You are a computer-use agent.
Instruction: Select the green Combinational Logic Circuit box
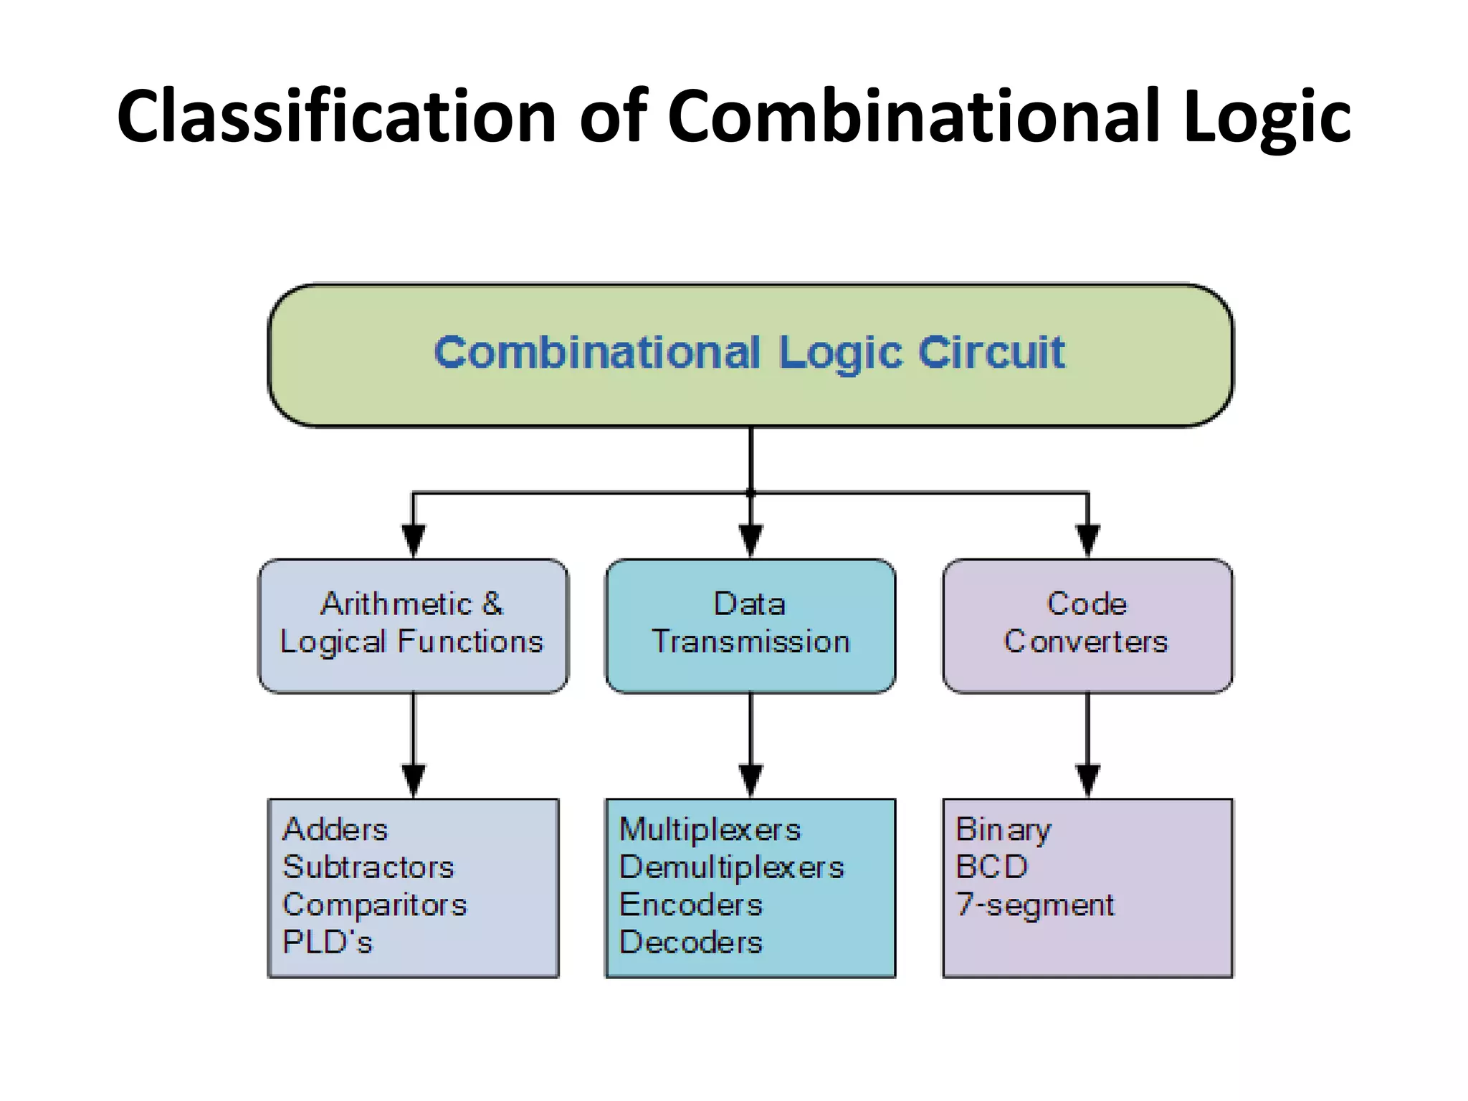tap(750, 355)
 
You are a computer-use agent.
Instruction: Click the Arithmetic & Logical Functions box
tap(413, 625)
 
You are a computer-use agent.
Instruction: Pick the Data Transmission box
tap(750, 625)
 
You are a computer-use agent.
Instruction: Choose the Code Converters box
tap(1087, 625)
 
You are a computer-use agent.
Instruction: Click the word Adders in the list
tap(335, 830)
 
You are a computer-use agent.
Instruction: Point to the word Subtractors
tap(368, 867)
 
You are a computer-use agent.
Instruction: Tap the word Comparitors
tap(374, 905)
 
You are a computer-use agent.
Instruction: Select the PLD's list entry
tap(328, 942)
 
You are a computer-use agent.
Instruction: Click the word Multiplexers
tap(710, 830)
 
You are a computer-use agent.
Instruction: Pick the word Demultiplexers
tap(731, 867)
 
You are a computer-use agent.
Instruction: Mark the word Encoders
tap(690, 905)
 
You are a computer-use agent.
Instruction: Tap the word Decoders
tap(690, 942)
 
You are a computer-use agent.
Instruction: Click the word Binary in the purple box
tap(1003, 830)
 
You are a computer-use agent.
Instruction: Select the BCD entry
tap(991, 867)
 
